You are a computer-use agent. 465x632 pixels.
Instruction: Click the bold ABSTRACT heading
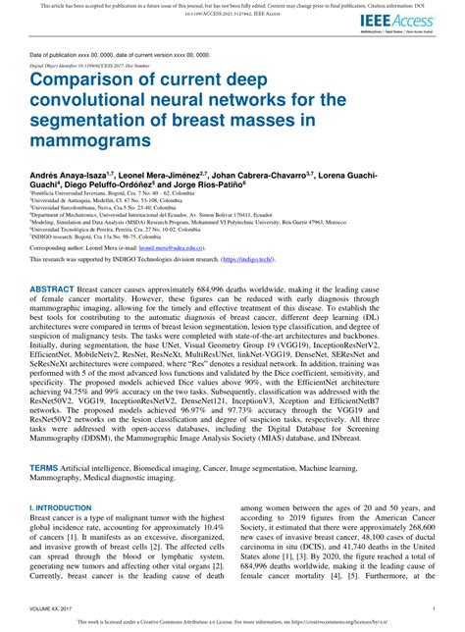[x=60, y=319]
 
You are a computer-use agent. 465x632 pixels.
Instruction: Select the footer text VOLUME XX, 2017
[x=58, y=610]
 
